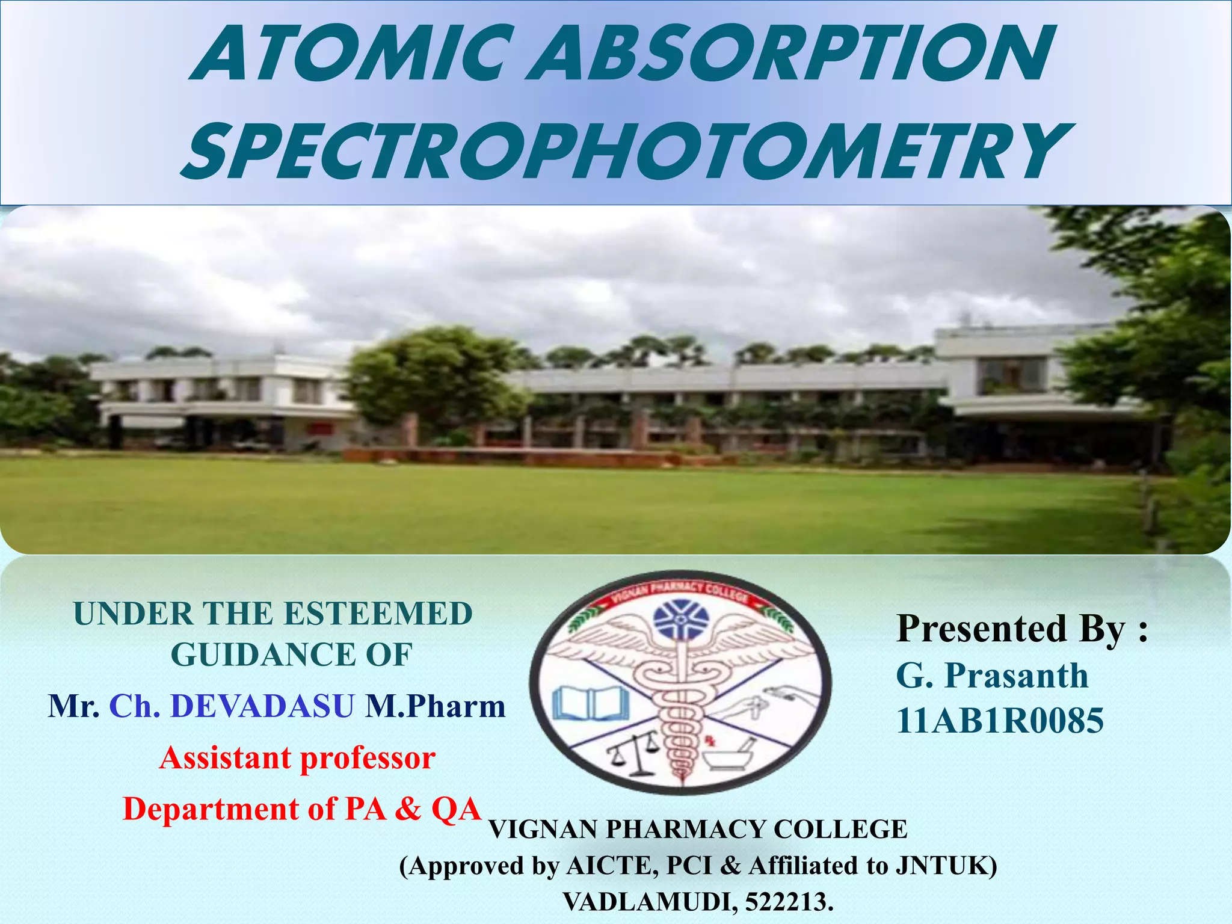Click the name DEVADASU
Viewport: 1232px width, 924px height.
[x=262, y=706]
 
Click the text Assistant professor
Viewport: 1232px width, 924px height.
[x=297, y=758]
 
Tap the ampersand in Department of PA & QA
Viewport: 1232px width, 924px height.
[x=408, y=809]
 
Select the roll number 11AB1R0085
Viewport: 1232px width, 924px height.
[x=1000, y=721]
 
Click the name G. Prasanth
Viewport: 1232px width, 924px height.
[x=992, y=676]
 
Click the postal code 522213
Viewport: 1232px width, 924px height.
[x=789, y=902]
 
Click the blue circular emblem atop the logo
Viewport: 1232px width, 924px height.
[x=682, y=620]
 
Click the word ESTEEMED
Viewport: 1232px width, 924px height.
[x=378, y=614]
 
